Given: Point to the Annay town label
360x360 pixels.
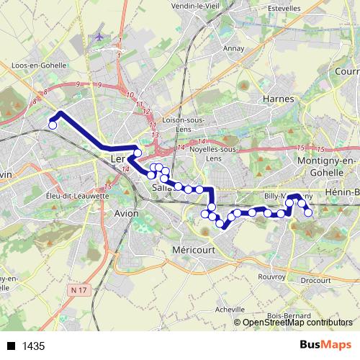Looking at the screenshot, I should coord(233,50).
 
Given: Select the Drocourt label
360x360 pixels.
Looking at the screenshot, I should coord(315,280).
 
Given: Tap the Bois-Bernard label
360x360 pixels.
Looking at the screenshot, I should coord(284,315).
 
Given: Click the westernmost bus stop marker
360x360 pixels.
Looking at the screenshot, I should coord(52,125).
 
